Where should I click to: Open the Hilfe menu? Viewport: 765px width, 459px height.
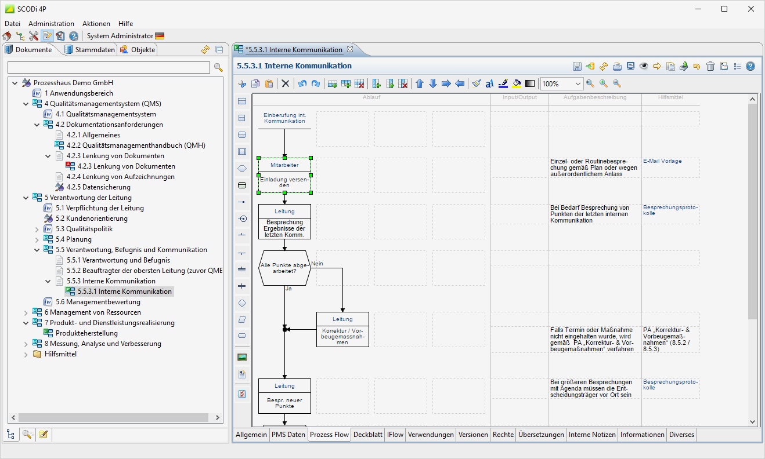(125, 24)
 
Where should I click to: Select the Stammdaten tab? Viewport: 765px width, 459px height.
(95, 50)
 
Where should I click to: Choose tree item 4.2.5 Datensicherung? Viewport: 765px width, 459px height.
(98, 187)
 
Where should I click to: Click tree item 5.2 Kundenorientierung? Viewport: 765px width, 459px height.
(91, 218)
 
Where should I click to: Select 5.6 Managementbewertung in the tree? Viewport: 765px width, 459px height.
(98, 302)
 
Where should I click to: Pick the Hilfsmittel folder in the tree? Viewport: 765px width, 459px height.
(60, 354)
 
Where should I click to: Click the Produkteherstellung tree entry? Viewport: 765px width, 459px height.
(86, 333)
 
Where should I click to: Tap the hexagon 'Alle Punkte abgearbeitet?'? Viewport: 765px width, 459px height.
(284, 268)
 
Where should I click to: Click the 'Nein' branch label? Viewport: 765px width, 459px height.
(317, 264)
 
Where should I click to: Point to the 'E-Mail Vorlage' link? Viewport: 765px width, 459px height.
(662, 161)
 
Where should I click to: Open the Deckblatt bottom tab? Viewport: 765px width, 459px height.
(368, 435)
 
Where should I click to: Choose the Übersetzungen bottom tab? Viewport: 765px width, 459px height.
(541, 435)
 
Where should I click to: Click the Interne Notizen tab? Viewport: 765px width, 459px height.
(592, 435)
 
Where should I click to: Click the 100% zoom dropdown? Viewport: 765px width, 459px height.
(561, 84)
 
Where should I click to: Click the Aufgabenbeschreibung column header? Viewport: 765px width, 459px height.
(595, 97)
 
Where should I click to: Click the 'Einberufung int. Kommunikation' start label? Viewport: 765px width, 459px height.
(284, 118)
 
